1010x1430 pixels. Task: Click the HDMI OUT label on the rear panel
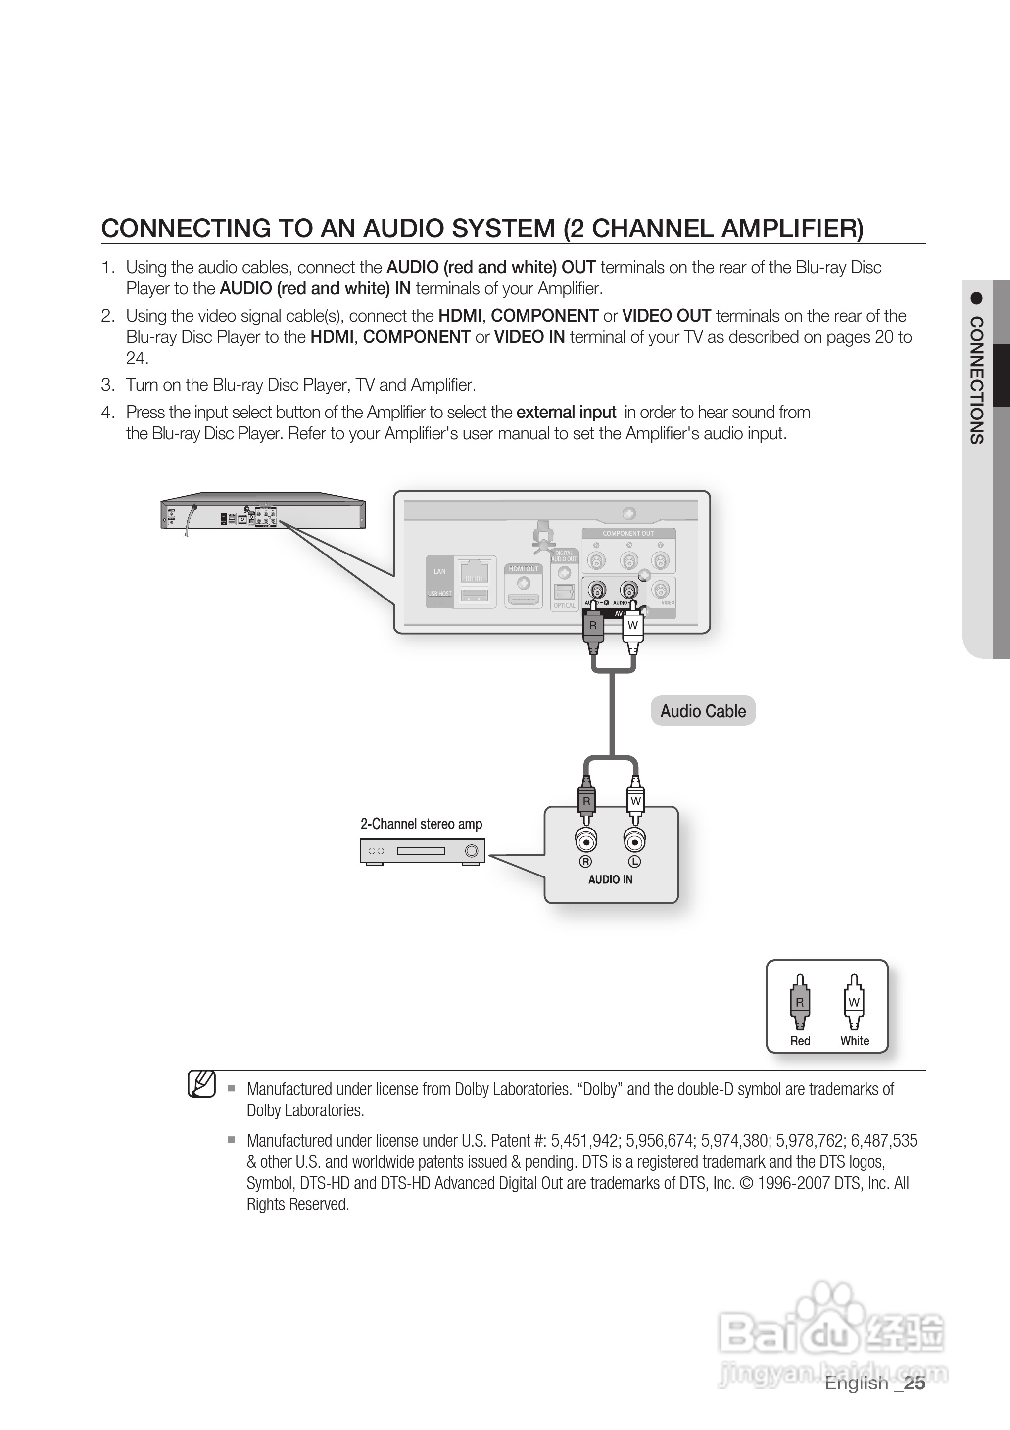click(524, 569)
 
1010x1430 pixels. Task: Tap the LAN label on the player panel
click(440, 571)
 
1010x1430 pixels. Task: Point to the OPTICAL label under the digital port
click(565, 605)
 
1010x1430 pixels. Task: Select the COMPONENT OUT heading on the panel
click(628, 533)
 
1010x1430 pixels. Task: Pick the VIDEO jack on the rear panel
click(661, 589)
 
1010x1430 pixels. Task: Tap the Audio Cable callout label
click(703, 711)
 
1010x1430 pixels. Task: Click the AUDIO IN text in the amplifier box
click(610, 879)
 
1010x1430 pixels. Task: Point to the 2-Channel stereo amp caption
click(421, 824)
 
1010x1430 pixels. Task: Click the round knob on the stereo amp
click(472, 851)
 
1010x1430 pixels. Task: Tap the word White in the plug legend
click(854, 1041)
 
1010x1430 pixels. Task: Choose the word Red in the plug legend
click(800, 1041)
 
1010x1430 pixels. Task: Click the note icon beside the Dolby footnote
click(202, 1084)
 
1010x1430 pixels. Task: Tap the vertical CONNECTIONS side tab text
click(977, 380)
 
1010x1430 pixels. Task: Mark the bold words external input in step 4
click(567, 413)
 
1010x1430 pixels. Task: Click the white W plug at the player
click(632, 626)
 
